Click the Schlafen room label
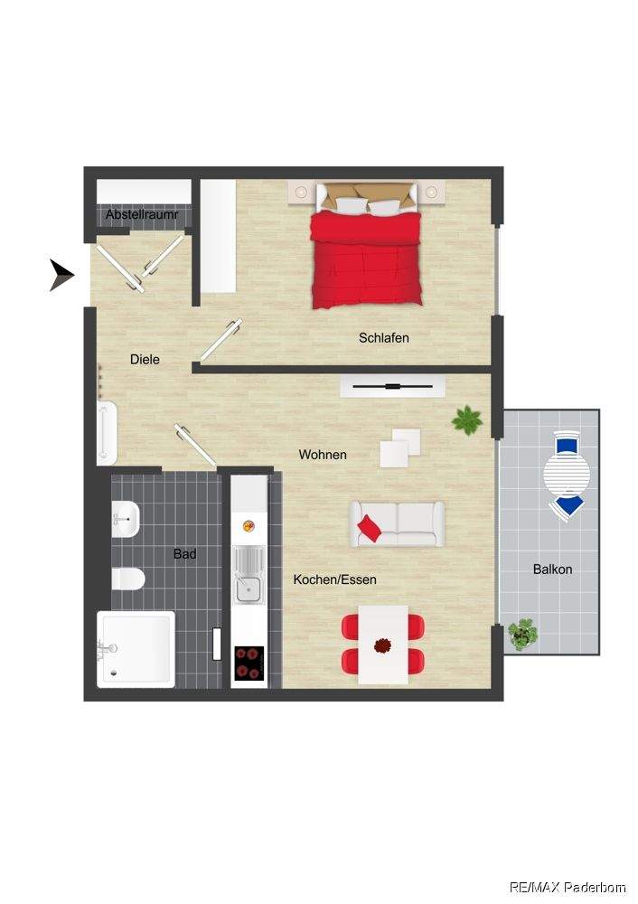[x=384, y=338]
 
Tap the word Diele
[x=145, y=359]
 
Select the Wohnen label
[x=323, y=455]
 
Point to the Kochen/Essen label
[x=335, y=579]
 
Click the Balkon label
[x=553, y=570]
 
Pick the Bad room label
[x=185, y=554]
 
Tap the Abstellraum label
[x=143, y=214]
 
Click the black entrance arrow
[x=61, y=275]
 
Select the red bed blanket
[x=367, y=259]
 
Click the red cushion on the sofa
[x=369, y=528]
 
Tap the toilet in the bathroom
[x=127, y=579]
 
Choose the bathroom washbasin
[x=125, y=518]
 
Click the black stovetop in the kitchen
[x=249, y=663]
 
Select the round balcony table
[x=567, y=475]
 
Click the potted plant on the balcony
[x=522, y=635]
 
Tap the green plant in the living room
[x=467, y=419]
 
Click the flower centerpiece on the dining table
[x=382, y=645]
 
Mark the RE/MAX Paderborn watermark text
[x=568, y=887]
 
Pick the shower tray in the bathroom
[x=136, y=650]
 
